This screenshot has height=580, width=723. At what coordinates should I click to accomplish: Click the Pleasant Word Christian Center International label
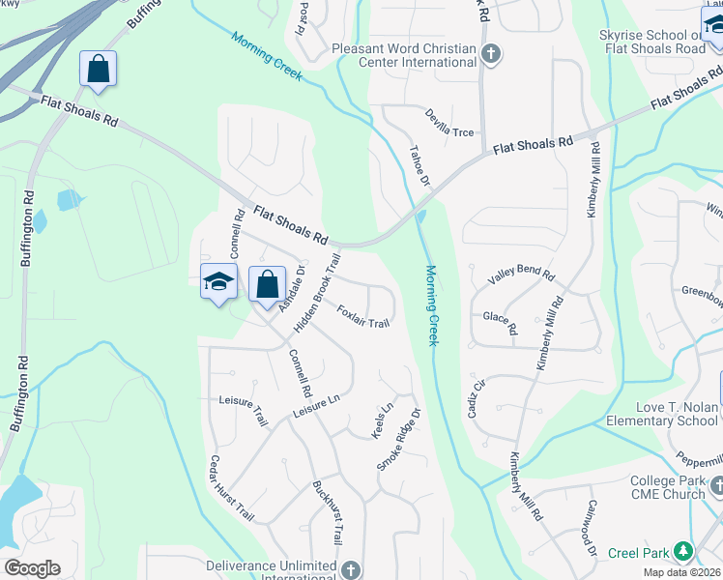[404, 55]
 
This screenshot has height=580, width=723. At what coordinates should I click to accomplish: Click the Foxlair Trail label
[363, 316]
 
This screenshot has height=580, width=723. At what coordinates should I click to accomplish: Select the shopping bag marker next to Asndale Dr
[268, 285]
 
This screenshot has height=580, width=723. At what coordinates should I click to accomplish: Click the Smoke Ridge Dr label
[399, 440]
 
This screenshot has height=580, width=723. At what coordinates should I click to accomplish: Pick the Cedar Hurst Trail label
[232, 489]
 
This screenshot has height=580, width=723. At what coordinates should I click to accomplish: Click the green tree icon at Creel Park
[683, 551]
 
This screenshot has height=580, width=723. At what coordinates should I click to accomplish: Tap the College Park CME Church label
[673, 488]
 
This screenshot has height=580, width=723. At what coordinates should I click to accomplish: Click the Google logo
[32, 567]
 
